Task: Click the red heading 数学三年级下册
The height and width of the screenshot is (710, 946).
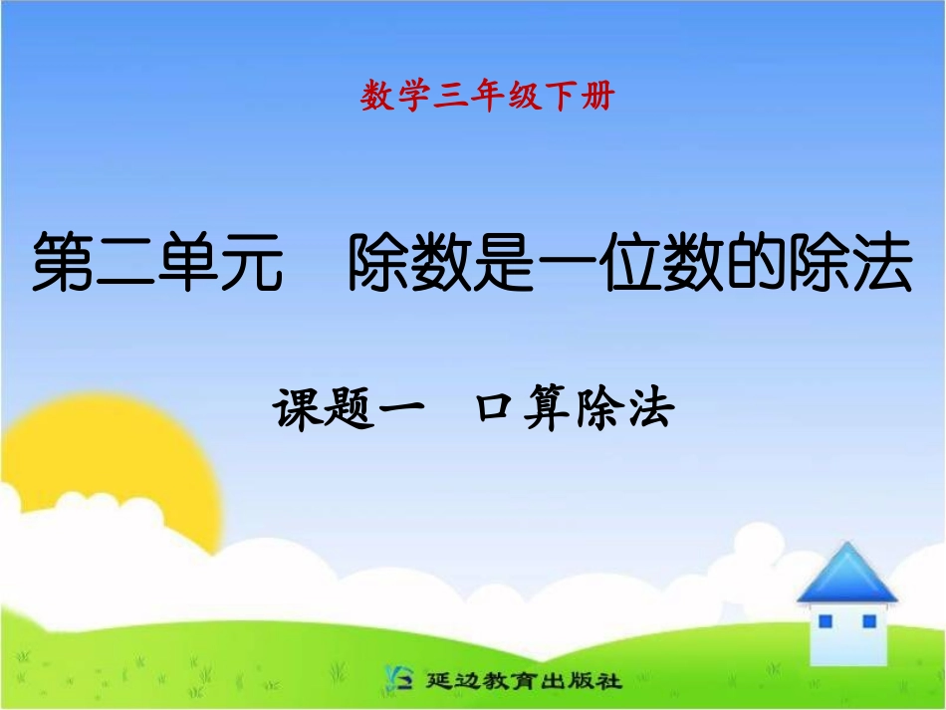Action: click(488, 97)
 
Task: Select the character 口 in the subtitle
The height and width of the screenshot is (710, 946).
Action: click(495, 409)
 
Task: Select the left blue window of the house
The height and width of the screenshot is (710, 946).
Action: click(826, 622)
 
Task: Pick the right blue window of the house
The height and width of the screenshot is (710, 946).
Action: click(869, 621)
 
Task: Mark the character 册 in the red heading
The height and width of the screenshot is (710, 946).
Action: click(598, 97)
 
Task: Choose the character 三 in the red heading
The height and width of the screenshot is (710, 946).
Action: click(451, 97)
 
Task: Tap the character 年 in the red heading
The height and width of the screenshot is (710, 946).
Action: click(488, 97)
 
